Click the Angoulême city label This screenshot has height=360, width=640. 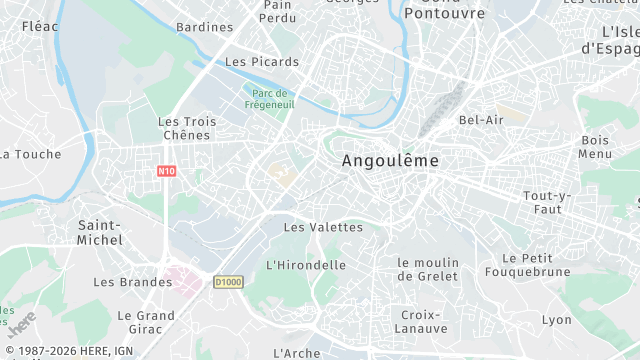click(390, 160)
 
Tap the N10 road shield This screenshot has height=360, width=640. click(167, 171)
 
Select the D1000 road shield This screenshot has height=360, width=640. click(228, 282)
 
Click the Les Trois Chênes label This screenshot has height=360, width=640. click(187, 128)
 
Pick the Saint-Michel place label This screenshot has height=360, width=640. click(100, 232)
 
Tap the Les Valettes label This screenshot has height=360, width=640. click(323, 227)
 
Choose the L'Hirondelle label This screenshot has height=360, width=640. click(306, 265)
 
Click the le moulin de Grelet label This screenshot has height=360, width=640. click(427, 269)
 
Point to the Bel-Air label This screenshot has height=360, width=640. click(481, 120)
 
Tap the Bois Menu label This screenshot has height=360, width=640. click(595, 147)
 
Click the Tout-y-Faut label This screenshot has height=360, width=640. click(546, 202)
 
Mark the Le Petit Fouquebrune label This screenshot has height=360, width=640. click(528, 264)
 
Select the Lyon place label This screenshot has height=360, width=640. click(557, 320)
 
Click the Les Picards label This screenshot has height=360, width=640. click(262, 62)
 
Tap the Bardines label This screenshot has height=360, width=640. click(204, 27)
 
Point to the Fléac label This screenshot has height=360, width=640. click(39, 27)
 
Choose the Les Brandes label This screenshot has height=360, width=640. click(132, 282)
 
